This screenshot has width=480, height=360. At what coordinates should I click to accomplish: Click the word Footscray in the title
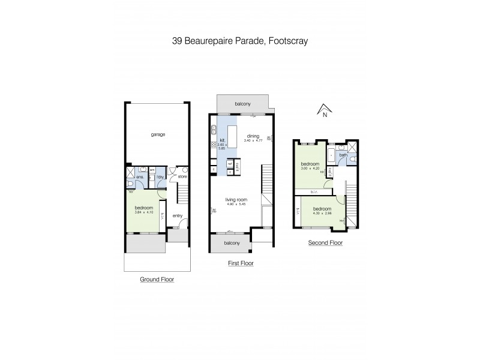pyautogui.click(x=289, y=41)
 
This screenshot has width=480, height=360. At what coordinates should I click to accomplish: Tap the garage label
pyautogui.click(x=158, y=134)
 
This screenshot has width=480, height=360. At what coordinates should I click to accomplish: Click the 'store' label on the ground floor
pyautogui.click(x=182, y=176)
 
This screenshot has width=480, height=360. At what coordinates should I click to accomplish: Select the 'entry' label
pyautogui.click(x=178, y=216)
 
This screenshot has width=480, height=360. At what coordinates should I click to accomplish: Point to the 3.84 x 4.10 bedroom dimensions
pyautogui.click(x=145, y=211)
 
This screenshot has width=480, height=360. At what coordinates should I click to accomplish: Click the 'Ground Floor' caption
pyautogui.click(x=157, y=279)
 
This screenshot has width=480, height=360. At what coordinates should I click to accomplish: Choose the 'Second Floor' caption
pyautogui.click(x=325, y=243)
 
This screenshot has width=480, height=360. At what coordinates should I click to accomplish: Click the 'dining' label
pyautogui.click(x=253, y=136)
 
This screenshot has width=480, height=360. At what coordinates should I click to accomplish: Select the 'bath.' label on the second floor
pyautogui.click(x=343, y=155)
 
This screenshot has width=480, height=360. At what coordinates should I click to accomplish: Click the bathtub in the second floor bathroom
pyautogui.click(x=332, y=154)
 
